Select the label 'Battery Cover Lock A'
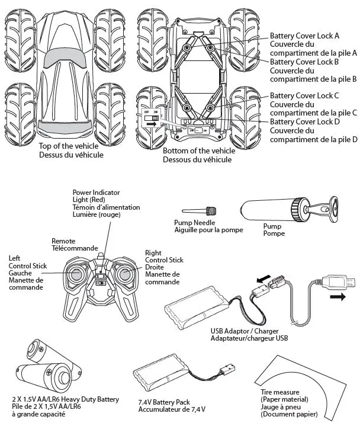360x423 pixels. click(304, 36)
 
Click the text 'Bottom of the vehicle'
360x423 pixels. click(198, 151)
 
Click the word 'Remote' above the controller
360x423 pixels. click(65, 241)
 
